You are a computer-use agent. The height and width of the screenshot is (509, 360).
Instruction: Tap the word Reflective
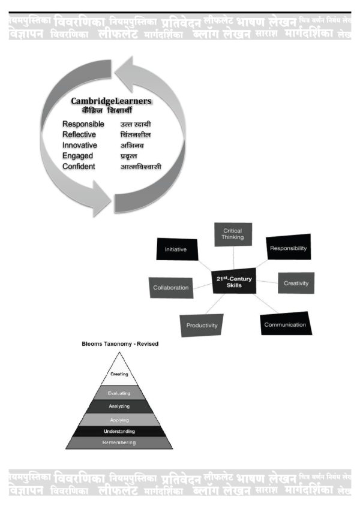(x=79, y=135)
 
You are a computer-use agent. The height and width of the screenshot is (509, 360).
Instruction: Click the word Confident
(x=79, y=166)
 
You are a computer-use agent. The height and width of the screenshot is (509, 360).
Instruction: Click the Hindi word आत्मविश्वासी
(x=141, y=167)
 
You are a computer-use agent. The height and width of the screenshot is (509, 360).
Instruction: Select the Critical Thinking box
(x=233, y=234)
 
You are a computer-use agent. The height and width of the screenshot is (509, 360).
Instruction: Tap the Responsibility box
(x=288, y=248)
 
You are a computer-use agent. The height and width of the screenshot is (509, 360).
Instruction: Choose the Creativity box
(x=296, y=283)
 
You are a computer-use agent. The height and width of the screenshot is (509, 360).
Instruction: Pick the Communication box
(x=285, y=324)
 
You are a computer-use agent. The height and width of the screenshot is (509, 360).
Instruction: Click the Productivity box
(x=202, y=326)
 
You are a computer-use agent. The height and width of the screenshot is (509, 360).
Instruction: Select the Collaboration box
(x=171, y=287)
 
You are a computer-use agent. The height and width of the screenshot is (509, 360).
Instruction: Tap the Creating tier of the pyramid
(x=119, y=374)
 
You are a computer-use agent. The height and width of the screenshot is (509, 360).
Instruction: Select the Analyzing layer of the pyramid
(x=119, y=406)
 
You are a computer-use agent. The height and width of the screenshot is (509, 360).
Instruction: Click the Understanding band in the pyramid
(x=119, y=431)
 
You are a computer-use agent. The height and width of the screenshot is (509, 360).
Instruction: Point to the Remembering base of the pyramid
(x=119, y=442)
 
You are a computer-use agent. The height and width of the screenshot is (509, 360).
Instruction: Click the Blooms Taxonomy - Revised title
(x=120, y=344)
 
